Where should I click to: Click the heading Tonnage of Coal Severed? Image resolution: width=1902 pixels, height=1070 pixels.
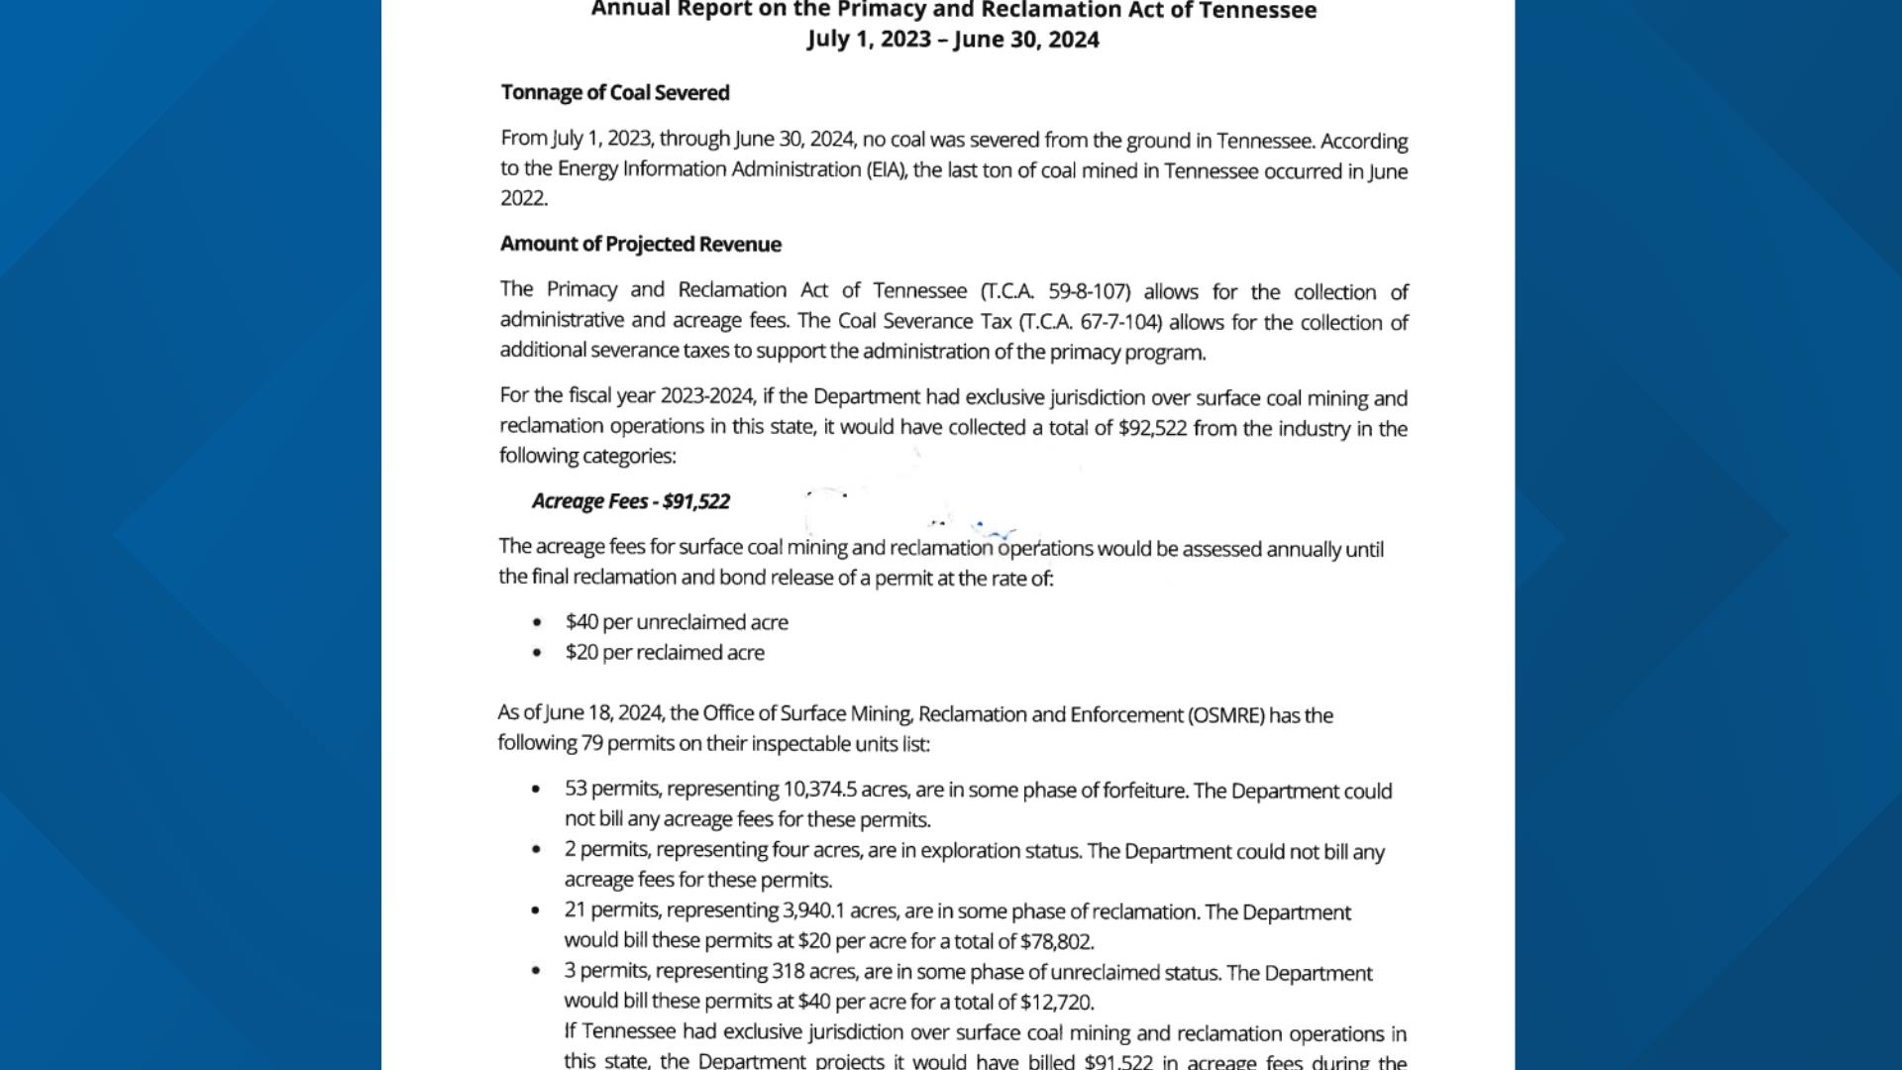click(615, 93)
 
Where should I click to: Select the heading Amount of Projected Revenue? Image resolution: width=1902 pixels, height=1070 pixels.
click(640, 245)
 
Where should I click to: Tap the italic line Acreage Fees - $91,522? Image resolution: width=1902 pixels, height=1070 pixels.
click(631, 501)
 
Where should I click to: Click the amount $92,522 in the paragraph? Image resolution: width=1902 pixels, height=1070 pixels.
click(1152, 429)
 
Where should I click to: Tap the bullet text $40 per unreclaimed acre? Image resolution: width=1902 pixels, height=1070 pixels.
click(677, 622)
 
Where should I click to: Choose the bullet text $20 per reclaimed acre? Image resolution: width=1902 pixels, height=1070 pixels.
click(665, 653)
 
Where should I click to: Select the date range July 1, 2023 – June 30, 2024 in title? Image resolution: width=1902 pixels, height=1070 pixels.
click(953, 40)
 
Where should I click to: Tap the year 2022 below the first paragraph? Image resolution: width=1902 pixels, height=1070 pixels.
click(522, 198)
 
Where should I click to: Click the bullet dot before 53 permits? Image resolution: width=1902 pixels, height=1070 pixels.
click(536, 790)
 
